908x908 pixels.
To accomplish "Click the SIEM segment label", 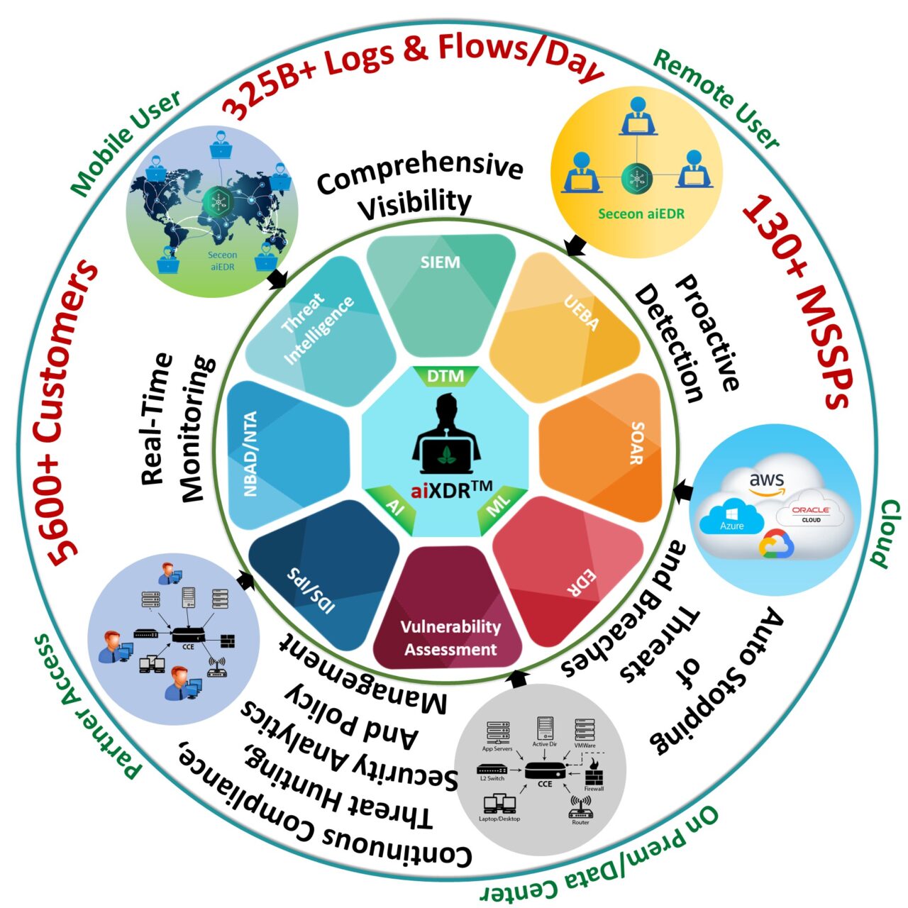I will tap(440, 262).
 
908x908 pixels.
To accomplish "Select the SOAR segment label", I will tap(636, 443).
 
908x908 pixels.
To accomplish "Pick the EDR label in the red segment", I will tap(582, 582).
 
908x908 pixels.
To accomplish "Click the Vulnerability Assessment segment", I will tap(450, 637).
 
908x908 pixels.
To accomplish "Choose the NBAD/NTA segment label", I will tap(250, 454).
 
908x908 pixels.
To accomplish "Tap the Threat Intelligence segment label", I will tap(318, 328).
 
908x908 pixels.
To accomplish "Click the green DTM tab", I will tap(445, 376).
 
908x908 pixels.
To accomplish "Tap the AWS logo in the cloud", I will tap(767, 483).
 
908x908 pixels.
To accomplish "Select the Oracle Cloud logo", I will tap(811, 514).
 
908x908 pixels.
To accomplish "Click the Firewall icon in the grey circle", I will tap(593, 773).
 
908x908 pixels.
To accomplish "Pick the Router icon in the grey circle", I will tap(580, 808).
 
